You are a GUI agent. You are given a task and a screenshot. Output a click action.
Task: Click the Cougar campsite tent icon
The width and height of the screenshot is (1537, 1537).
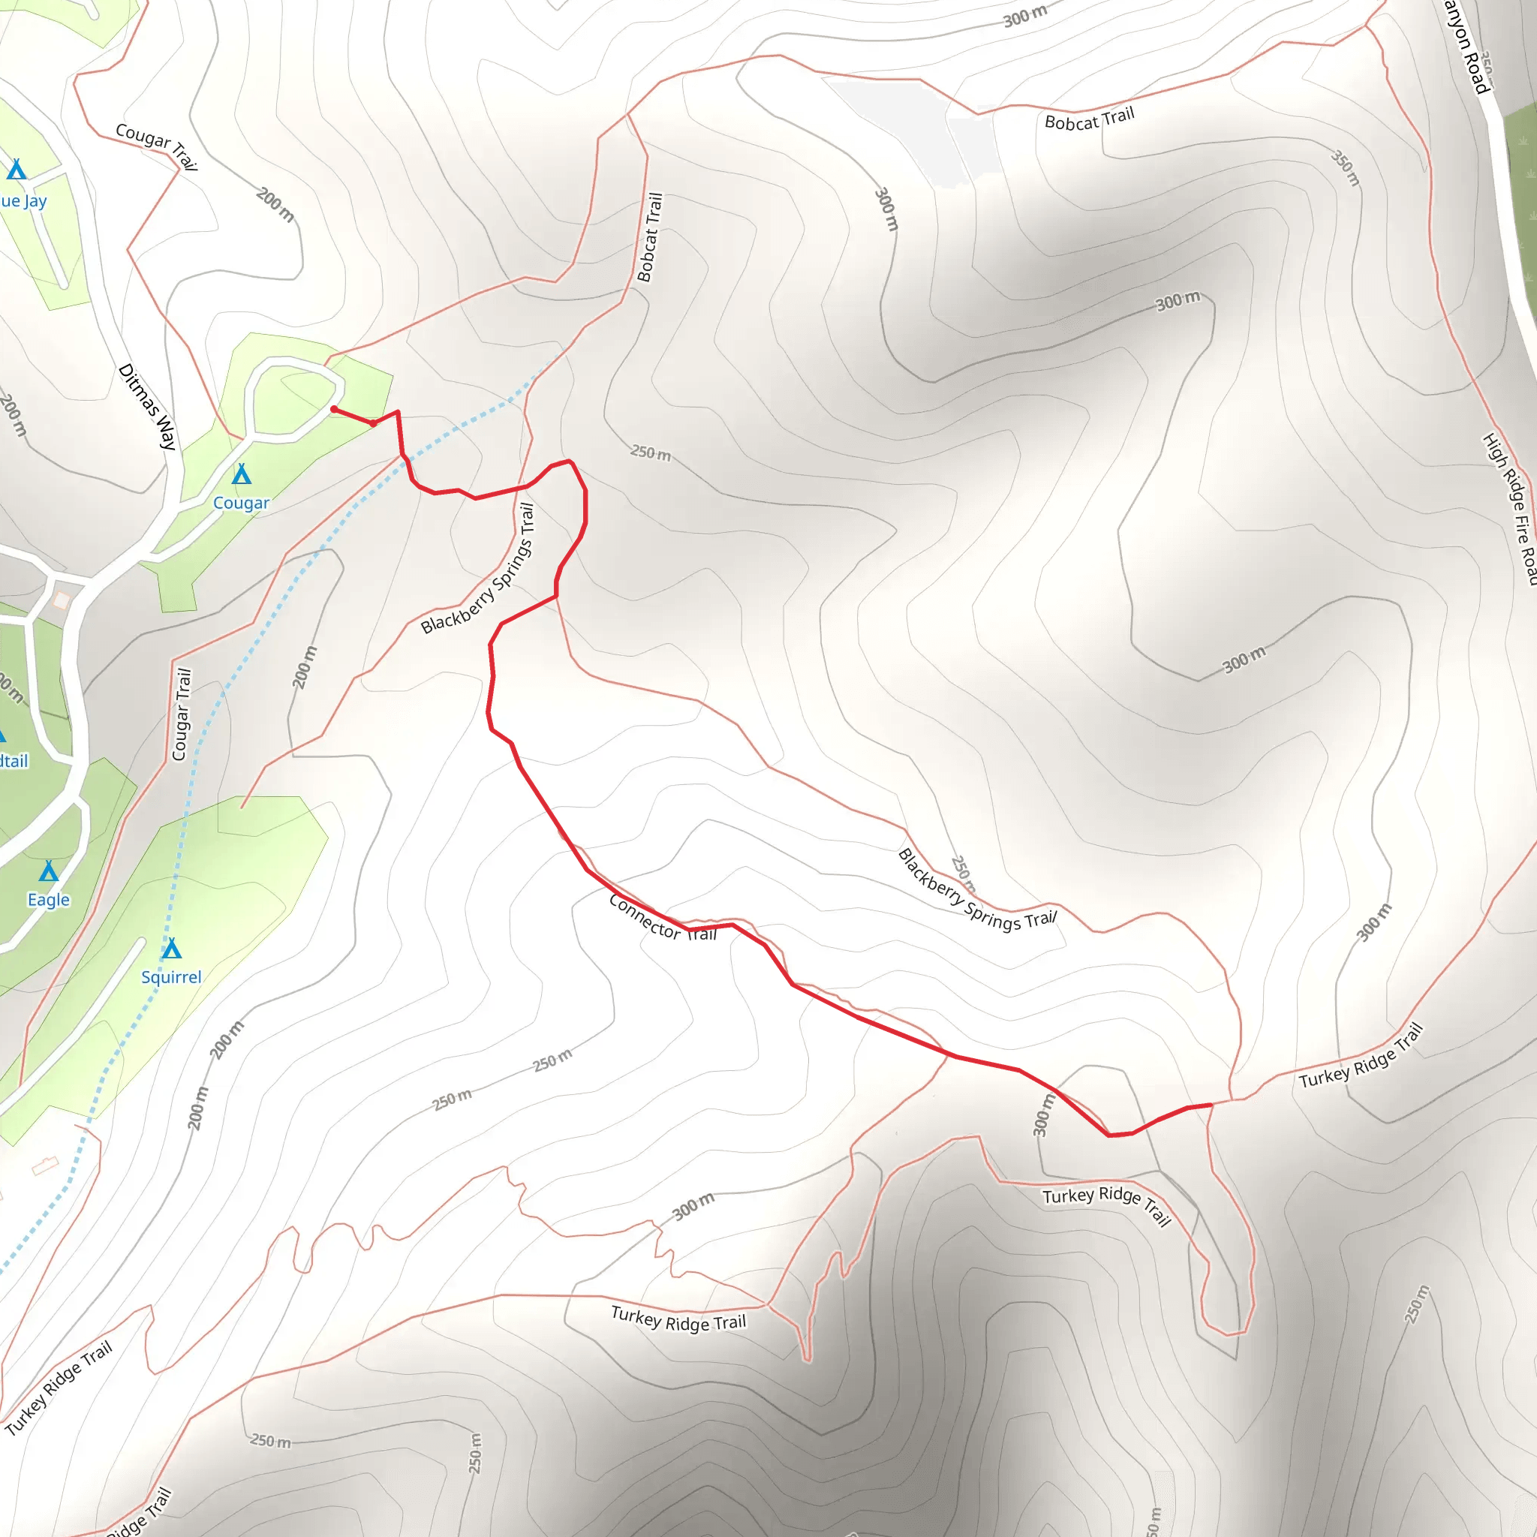242,474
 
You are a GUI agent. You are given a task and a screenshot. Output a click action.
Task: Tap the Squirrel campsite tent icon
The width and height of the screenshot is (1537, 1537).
172,949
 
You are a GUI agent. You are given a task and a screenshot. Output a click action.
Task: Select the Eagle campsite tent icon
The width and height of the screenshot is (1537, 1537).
50,871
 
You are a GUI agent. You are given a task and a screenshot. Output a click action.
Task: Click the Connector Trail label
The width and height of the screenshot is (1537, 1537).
662,918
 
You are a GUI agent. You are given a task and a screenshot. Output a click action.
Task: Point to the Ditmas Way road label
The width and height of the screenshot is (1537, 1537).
147,407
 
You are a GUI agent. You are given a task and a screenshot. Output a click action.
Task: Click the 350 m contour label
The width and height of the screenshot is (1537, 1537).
1346,169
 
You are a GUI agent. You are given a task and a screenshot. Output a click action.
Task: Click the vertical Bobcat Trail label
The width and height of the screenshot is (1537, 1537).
650,237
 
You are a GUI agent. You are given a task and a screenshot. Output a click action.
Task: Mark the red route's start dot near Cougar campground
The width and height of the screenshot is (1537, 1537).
334,409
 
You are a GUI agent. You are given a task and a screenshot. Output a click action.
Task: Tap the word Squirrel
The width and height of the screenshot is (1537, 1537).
171,977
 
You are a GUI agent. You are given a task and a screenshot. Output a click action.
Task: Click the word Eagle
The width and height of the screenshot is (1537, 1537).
49,900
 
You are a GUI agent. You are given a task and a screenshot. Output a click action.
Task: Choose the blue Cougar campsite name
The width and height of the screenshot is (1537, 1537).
241,503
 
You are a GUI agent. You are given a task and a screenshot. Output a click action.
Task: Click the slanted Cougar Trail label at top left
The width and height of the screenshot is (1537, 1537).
156,145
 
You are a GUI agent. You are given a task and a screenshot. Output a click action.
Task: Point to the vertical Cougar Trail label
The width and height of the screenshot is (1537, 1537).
182,714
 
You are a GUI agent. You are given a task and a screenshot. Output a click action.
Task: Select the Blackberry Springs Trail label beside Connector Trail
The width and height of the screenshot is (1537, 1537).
976,890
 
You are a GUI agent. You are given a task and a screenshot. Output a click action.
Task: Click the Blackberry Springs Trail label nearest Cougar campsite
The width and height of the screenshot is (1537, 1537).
478,568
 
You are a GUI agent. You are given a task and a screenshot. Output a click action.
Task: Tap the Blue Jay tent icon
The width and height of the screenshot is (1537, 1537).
17,170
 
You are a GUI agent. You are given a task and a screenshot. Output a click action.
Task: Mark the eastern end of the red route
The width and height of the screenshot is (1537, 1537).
1210,1105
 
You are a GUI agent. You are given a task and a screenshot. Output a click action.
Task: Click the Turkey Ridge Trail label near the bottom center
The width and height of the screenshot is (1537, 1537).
678,1318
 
